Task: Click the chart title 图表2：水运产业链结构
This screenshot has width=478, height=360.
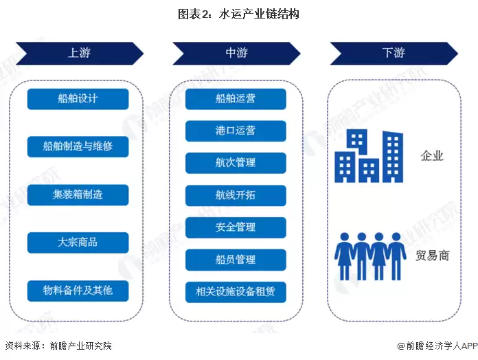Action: [x=238, y=13]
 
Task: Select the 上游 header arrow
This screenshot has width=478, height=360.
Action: [x=79, y=53]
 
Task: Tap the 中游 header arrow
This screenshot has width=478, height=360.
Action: [x=236, y=53]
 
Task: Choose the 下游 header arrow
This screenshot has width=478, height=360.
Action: [x=394, y=53]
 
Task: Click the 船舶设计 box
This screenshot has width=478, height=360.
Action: [x=78, y=99]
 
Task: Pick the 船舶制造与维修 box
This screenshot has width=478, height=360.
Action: [x=78, y=146]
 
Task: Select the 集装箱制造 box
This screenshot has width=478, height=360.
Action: [x=78, y=194]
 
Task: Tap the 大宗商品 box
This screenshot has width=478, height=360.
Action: [x=78, y=243]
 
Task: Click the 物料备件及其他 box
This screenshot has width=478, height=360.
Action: [x=78, y=291]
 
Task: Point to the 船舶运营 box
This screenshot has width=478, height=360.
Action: [x=236, y=99]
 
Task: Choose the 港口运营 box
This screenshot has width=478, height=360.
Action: [x=236, y=131]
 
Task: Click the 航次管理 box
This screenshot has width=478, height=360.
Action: [x=236, y=163]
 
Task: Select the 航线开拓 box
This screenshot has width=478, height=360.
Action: [x=236, y=195]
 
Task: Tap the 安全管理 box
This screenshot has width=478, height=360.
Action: [x=236, y=227]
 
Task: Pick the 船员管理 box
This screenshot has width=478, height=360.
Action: [x=236, y=260]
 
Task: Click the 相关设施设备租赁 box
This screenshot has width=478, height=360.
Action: [x=236, y=292]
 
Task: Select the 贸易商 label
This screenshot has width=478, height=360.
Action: [x=433, y=256]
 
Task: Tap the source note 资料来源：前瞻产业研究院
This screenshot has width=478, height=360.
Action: [x=58, y=346]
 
